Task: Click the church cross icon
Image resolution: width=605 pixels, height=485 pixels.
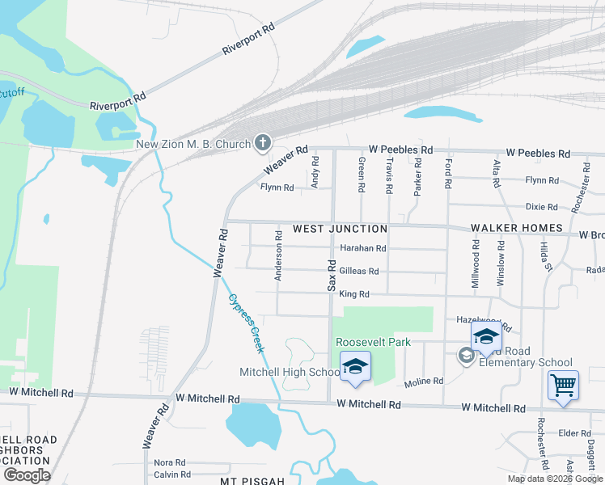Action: (x=261, y=144)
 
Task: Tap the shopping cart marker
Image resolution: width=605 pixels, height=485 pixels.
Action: (x=563, y=385)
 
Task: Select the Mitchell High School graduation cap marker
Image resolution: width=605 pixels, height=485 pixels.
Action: (x=354, y=367)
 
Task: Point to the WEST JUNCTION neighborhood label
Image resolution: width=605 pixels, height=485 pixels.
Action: (x=340, y=229)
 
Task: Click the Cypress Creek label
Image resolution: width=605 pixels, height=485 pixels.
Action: (x=246, y=322)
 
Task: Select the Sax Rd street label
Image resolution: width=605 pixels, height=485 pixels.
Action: (x=331, y=275)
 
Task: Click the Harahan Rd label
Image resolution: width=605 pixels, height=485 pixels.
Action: (x=363, y=248)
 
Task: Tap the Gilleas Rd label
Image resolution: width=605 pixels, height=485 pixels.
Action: (x=359, y=272)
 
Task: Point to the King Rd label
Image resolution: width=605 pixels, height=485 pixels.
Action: (x=353, y=295)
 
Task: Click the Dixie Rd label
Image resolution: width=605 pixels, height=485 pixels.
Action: (x=541, y=207)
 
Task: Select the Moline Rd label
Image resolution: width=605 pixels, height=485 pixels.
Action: (x=425, y=381)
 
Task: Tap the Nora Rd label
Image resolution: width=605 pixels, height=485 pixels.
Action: (x=170, y=462)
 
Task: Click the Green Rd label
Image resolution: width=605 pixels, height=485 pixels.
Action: (x=361, y=171)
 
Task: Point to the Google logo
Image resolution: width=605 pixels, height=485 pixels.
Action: (x=27, y=475)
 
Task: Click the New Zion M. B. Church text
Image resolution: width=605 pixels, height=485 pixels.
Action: (x=193, y=145)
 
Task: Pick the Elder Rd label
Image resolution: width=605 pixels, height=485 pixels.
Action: (x=574, y=433)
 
